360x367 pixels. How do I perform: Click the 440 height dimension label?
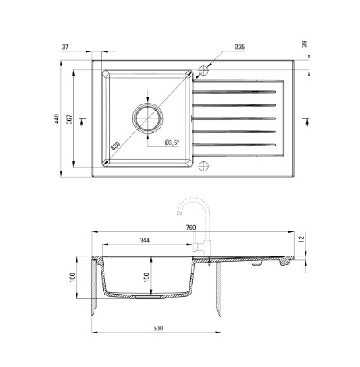click(x=56, y=118)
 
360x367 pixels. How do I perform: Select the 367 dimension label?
click(x=69, y=119)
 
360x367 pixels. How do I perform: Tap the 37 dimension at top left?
click(x=65, y=48)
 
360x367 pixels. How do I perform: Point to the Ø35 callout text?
click(x=239, y=47)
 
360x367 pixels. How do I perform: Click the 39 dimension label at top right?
click(x=305, y=44)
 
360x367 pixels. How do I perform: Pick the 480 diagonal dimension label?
click(x=115, y=146)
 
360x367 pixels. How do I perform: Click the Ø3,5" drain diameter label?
click(x=172, y=143)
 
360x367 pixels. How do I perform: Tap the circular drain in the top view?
click(x=148, y=118)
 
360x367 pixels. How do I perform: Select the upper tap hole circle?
click(x=203, y=70)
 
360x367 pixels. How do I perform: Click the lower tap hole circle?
click(x=203, y=166)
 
